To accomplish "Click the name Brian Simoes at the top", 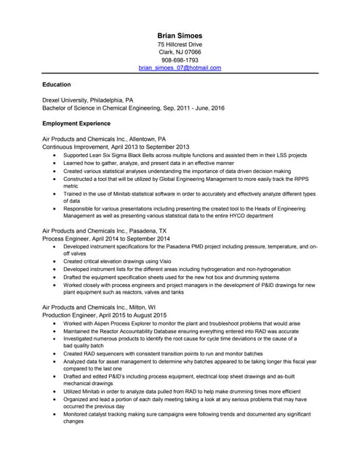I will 180,35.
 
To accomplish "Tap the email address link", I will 180,68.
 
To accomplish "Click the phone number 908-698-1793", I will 180,60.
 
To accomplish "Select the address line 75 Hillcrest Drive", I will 180,44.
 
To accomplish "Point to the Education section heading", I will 57,85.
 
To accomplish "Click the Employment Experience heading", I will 76,124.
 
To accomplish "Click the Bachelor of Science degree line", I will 133,108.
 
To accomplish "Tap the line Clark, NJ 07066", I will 180,52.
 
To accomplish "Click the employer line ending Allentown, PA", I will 104,138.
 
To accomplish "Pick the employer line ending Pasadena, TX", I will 105,230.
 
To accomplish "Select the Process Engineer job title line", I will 106,238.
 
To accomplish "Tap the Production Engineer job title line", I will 105,315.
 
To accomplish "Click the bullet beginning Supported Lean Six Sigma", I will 185,155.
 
